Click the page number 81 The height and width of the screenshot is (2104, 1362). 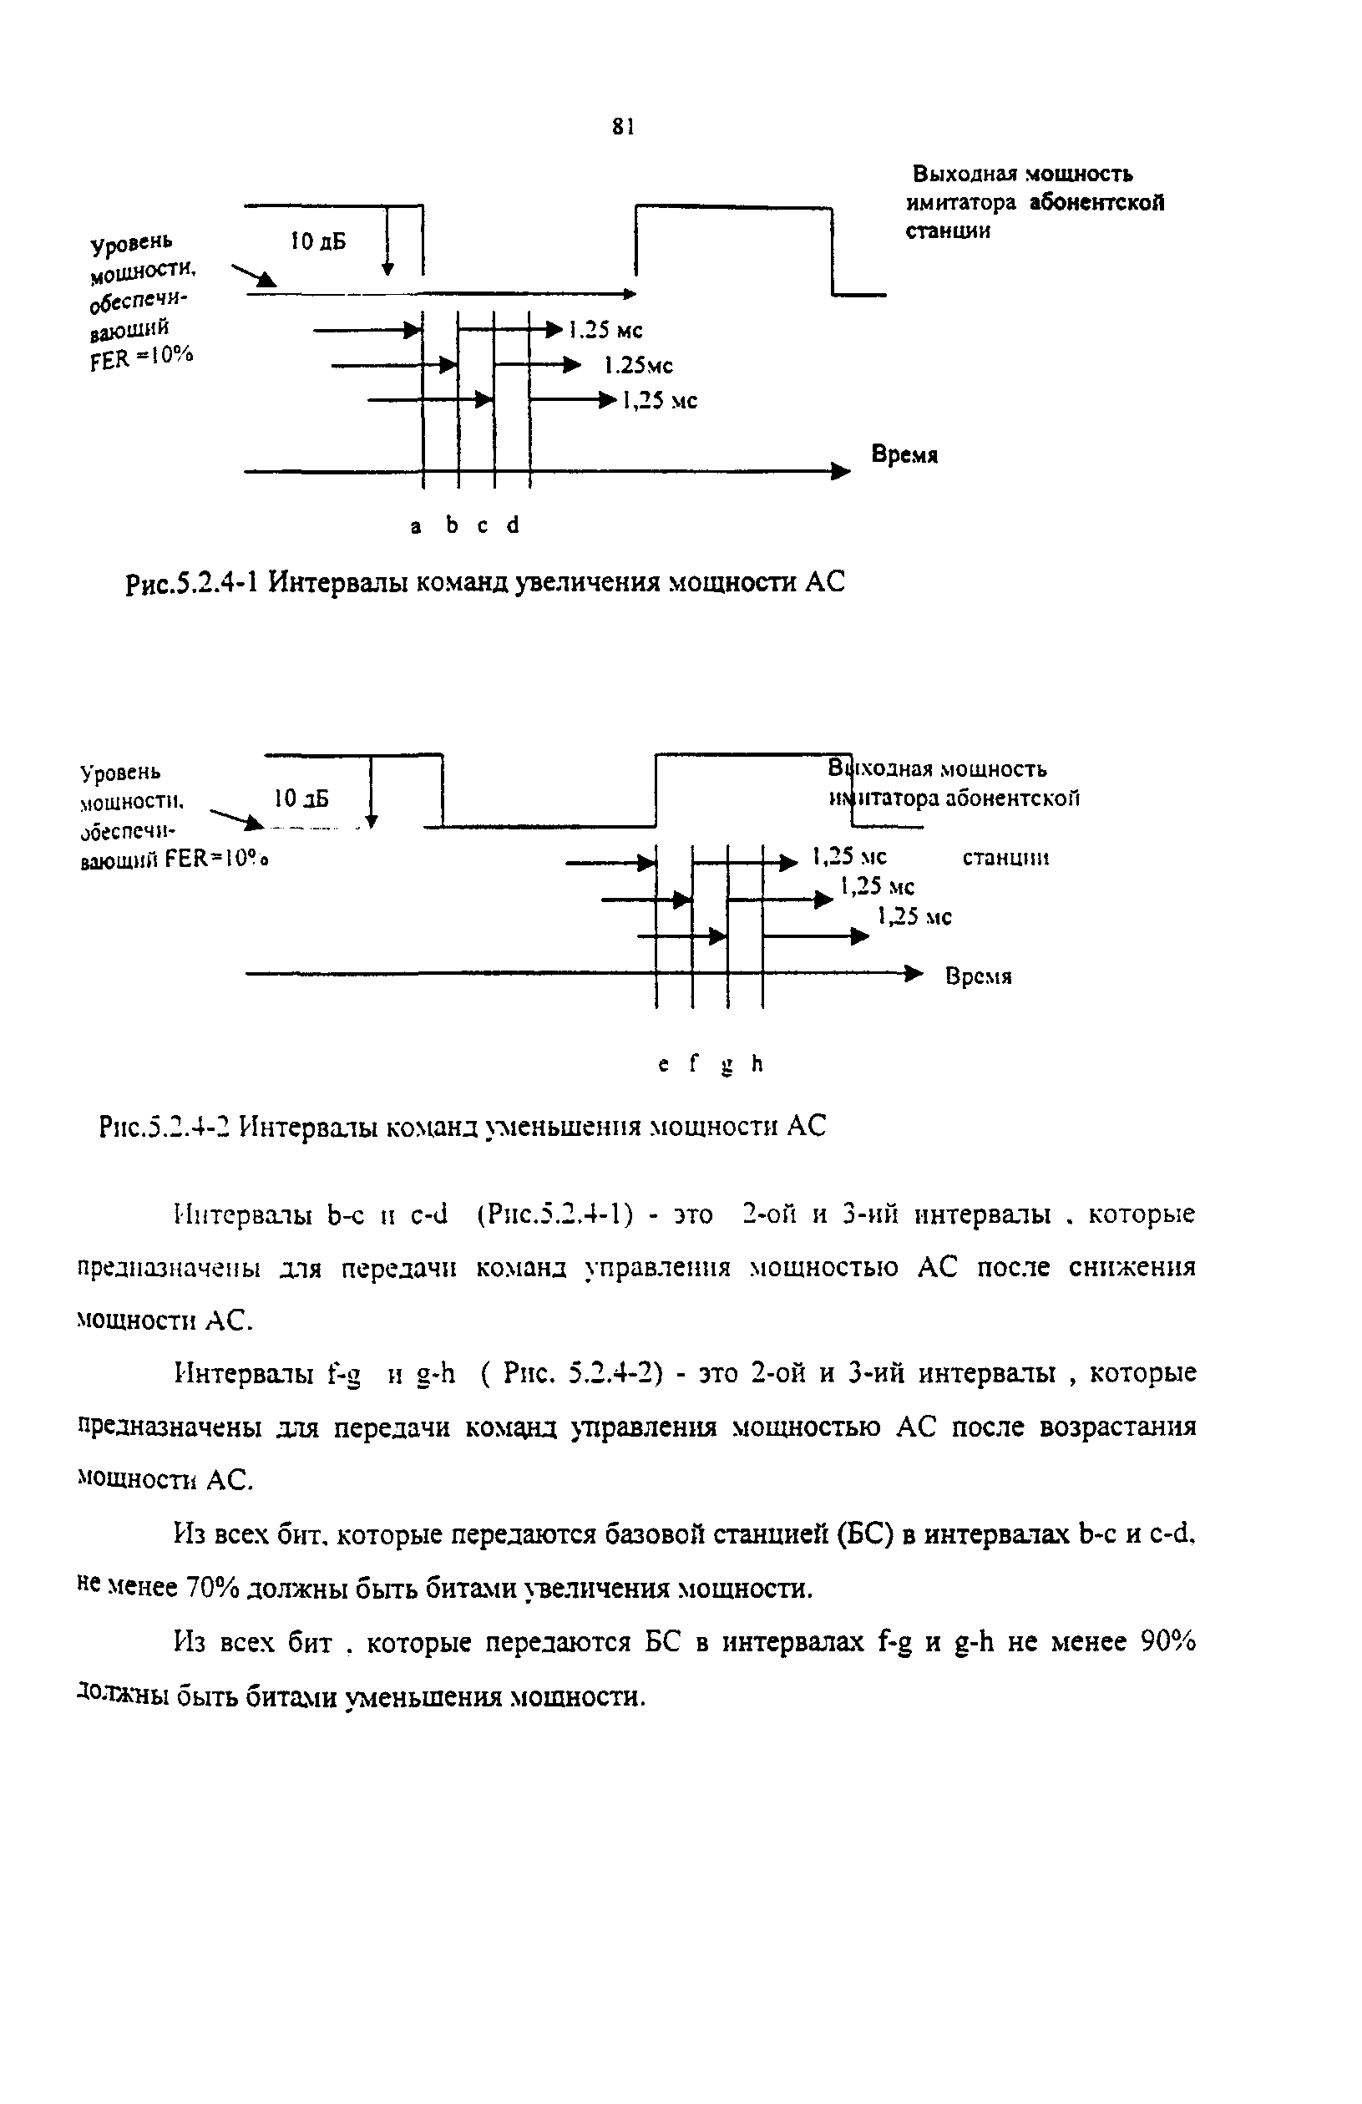(623, 127)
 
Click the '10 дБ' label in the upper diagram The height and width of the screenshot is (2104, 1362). (318, 241)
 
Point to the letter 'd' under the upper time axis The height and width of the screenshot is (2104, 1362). (513, 525)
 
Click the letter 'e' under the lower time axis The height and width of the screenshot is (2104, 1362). (663, 1065)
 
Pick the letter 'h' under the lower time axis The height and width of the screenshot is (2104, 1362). (757, 1064)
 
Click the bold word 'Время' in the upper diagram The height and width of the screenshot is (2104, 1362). (904, 454)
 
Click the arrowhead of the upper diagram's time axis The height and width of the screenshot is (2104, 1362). (841, 472)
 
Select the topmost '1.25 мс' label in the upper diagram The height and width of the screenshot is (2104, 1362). (605, 330)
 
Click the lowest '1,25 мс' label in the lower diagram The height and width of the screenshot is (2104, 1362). (914, 917)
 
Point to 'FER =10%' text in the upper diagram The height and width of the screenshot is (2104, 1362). (141, 357)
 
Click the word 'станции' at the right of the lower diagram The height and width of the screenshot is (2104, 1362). (1005, 857)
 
